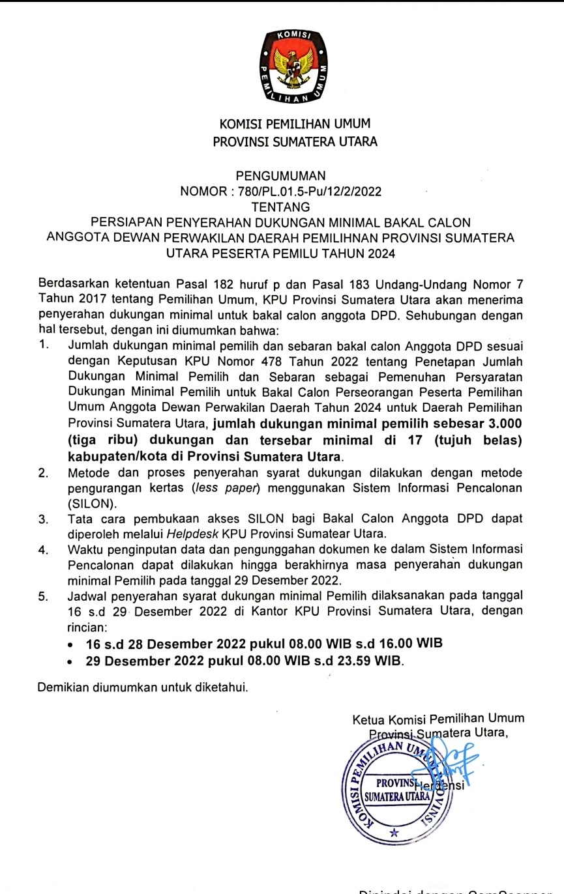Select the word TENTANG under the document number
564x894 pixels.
click(x=281, y=207)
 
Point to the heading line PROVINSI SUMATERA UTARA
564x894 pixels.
click(x=295, y=139)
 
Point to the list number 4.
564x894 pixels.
click(x=43, y=549)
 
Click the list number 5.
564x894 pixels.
click(x=43, y=596)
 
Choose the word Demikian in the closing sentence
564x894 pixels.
click(x=63, y=687)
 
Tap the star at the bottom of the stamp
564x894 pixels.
click(x=394, y=833)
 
